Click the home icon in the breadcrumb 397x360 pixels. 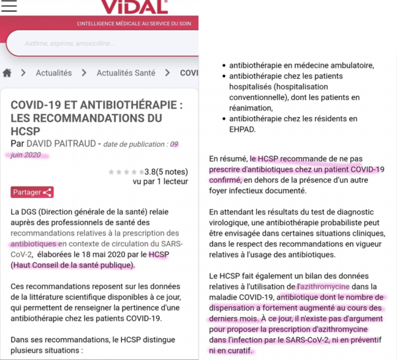8,73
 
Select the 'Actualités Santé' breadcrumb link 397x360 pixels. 126,73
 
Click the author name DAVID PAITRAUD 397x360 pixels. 61,144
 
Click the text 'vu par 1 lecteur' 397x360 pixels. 160,181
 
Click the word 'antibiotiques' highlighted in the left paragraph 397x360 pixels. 34,244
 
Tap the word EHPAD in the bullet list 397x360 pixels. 243,130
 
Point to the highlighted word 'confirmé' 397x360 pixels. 226,179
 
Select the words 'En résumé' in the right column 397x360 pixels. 228,158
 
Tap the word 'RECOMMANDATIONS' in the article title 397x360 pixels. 81,118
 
